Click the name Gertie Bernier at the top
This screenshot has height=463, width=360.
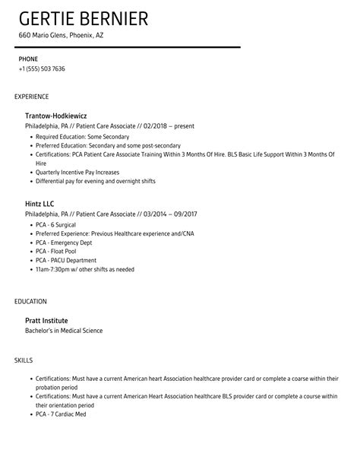coord(84,19)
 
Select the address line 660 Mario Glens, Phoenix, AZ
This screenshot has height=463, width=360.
coord(61,36)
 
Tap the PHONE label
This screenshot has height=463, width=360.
coord(28,58)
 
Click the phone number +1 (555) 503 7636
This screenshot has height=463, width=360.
coord(42,69)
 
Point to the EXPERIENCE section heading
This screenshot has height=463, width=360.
coord(31,97)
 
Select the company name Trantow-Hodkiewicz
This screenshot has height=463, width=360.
coord(62,115)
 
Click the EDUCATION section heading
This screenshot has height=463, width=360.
coord(30,301)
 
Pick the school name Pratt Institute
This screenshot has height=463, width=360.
coord(52,320)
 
